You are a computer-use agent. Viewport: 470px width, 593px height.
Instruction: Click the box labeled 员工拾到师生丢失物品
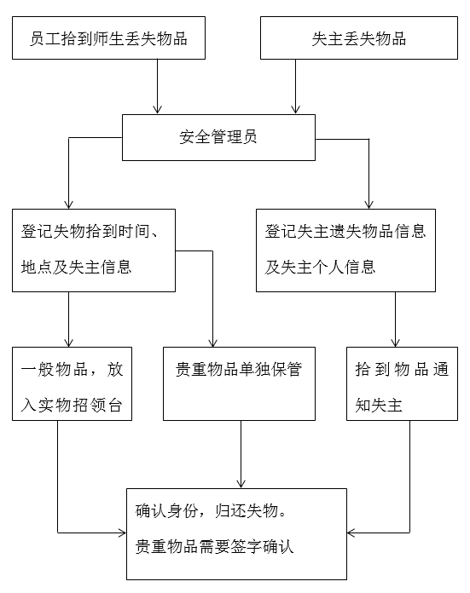(x=108, y=37)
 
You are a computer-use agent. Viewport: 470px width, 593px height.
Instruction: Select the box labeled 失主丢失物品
(x=358, y=37)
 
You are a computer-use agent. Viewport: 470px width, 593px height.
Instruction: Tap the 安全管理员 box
(x=218, y=137)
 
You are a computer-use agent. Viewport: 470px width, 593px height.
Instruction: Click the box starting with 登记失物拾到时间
(x=94, y=250)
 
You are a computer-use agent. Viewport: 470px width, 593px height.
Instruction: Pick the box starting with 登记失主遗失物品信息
(x=345, y=250)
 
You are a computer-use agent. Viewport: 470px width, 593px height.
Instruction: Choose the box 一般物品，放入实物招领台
(x=72, y=383)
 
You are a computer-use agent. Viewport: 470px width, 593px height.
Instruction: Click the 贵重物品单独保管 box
(x=239, y=383)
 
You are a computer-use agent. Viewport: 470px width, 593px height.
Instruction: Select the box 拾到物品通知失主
(x=403, y=383)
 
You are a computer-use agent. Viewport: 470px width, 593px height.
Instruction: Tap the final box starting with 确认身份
(x=236, y=534)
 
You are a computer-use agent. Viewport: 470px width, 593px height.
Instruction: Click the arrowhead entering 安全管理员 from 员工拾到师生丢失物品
(x=157, y=110)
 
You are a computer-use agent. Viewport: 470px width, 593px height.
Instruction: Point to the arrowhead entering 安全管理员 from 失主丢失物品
(x=295, y=110)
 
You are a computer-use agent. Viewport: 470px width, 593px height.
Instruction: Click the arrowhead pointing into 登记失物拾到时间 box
(x=68, y=204)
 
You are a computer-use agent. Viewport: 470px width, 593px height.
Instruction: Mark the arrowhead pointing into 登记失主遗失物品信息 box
(x=368, y=204)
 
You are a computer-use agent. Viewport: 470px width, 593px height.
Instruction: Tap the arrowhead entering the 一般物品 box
(x=68, y=343)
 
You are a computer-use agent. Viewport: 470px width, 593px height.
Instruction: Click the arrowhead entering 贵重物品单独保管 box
(x=213, y=343)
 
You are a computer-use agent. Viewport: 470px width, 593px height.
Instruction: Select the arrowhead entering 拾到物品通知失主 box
(x=396, y=343)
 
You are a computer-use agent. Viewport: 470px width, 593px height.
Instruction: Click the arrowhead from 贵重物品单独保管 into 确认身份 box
(x=241, y=484)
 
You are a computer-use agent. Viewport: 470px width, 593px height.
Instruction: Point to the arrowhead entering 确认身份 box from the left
(x=122, y=533)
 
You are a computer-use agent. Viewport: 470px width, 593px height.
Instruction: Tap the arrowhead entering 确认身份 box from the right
(x=351, y=533)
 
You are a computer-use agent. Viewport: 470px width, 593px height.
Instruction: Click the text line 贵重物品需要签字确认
(x=214, y=547)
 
